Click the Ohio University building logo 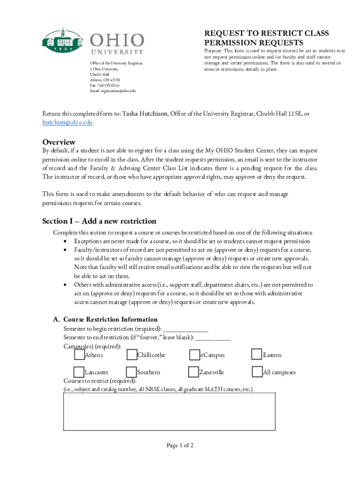point(63,40)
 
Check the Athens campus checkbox point(79,355)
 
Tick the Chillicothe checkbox point(131,355)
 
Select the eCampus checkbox point(194,355)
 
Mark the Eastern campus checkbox point(257,355)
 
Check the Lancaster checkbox point(79,372)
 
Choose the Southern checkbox point(131,372)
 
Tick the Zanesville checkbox point(194,372)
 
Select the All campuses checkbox point(257,372)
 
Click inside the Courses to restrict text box point(169,411)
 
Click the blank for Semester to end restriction point(213,337)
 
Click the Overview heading point(59,142)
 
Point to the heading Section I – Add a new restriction point(99,221)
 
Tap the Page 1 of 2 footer point(180,445)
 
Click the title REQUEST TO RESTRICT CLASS point(266,33)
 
